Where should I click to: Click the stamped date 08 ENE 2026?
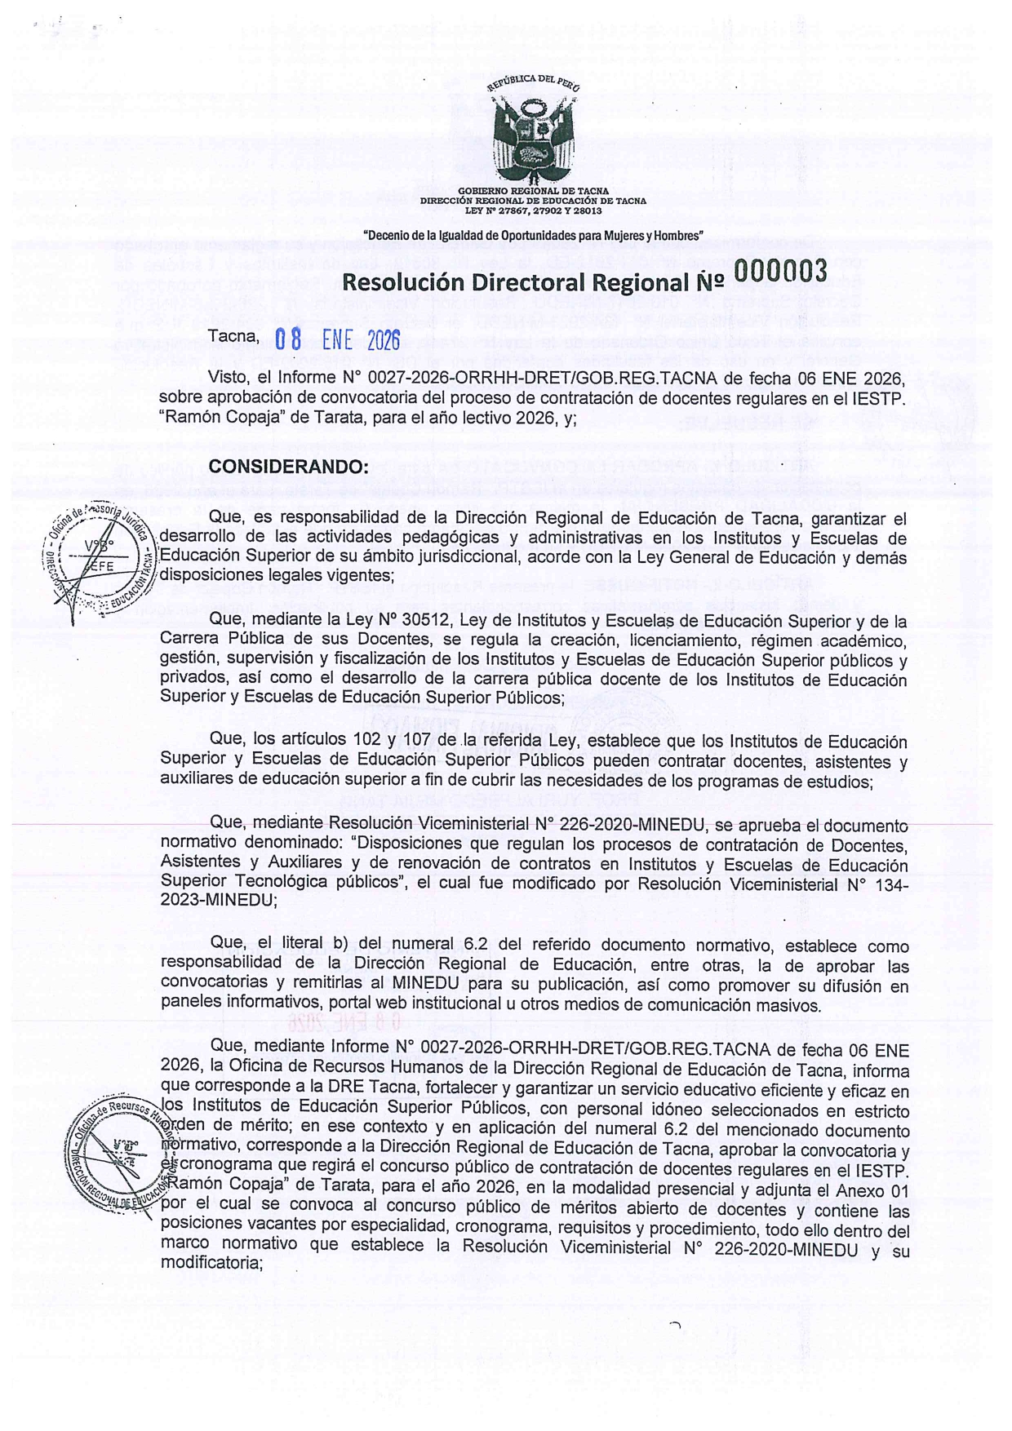[x=336, y=339]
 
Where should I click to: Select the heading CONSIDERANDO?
[x=289, y=467]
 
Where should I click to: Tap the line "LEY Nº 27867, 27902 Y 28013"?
[x=533, y=210]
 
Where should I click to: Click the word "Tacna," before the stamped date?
[x=234, y=334]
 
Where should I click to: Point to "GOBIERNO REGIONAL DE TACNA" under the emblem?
[x=533, y=191]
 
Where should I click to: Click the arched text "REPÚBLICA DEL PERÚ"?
[x=533, y=83]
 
